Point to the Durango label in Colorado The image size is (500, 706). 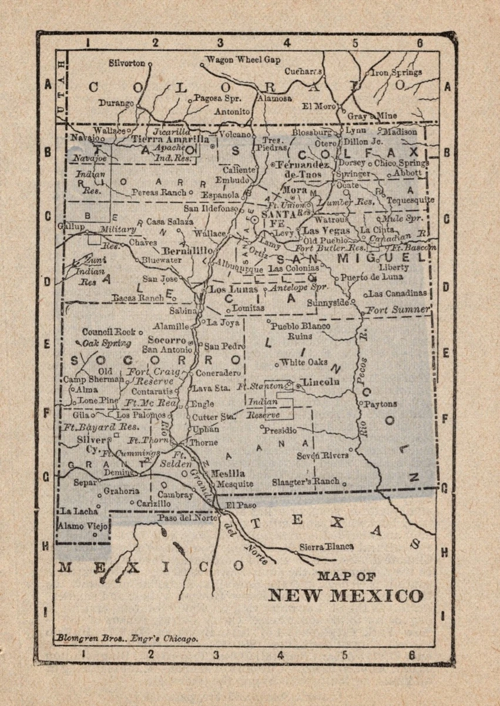pos(116,103)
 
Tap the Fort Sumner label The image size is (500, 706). pos(398,309)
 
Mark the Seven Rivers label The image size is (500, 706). pos(322,455)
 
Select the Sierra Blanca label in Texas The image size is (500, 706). pos(327,546)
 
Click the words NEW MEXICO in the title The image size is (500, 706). pos(345,595)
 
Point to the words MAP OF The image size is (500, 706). pos(346,577)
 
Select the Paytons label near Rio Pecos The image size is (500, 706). pos(380,404)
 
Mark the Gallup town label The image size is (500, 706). pos(71,227)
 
